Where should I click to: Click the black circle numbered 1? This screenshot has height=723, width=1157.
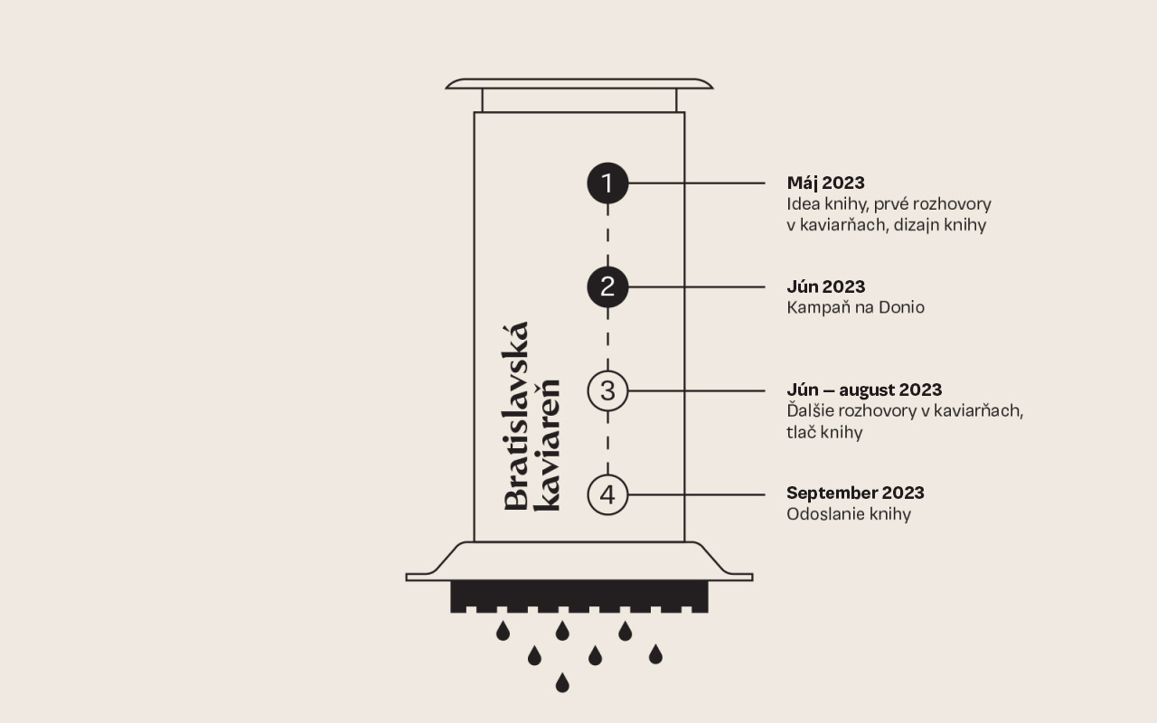click(607, 183)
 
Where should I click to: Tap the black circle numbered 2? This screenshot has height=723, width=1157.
click(607, 287)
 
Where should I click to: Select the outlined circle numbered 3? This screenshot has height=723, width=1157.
click(607, 391)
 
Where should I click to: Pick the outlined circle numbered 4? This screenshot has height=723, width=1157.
click(607, 494)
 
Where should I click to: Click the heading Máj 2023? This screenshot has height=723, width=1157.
click(825, 183)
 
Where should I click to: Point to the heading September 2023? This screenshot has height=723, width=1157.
click(855, 493)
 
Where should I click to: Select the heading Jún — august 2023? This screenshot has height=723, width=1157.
click(864, 390)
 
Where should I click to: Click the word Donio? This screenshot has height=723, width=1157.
click(901, 307)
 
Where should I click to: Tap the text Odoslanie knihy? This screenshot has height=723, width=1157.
click(849, 514)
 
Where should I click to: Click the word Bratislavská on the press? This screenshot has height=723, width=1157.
click(516, 417)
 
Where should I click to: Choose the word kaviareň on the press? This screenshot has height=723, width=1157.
click(548, 445)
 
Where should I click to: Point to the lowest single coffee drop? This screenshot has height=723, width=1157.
click(562, 682)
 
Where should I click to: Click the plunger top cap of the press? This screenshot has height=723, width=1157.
click(579, 84)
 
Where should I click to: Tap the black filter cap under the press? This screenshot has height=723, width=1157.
click(579, 596)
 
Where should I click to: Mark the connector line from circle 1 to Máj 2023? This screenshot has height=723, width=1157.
click(697, 183)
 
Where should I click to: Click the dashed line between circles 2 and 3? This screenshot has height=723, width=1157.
click(607, 339)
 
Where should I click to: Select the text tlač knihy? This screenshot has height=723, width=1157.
click(824, 432)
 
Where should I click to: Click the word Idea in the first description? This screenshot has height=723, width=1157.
click(800, 204)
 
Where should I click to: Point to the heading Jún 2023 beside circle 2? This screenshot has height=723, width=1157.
click(825, 286)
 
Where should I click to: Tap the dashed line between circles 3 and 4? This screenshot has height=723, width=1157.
click(607, 443)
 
